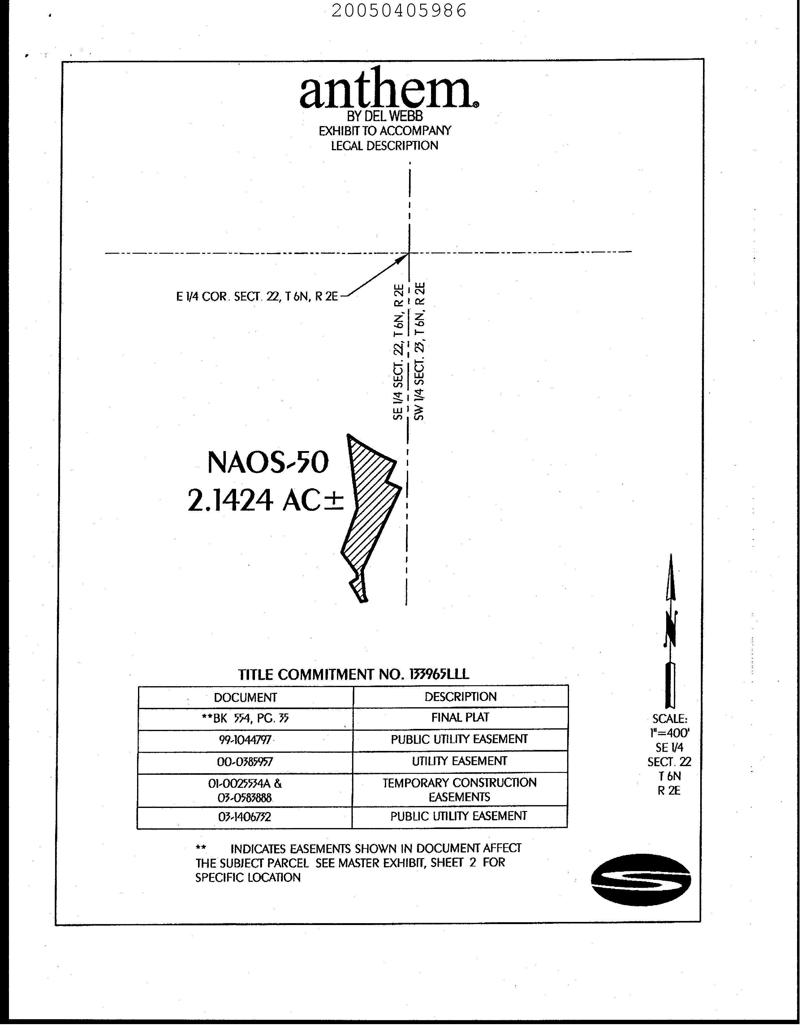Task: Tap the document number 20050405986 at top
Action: point(399,10)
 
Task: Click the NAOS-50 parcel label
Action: point(268,463)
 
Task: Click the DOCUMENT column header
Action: point(245,697)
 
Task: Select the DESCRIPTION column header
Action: point(460,696)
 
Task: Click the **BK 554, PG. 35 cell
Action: point(245,719)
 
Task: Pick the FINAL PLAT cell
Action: point(460,718)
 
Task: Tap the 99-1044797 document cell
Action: point(245,740)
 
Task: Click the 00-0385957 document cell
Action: point(245,762)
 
